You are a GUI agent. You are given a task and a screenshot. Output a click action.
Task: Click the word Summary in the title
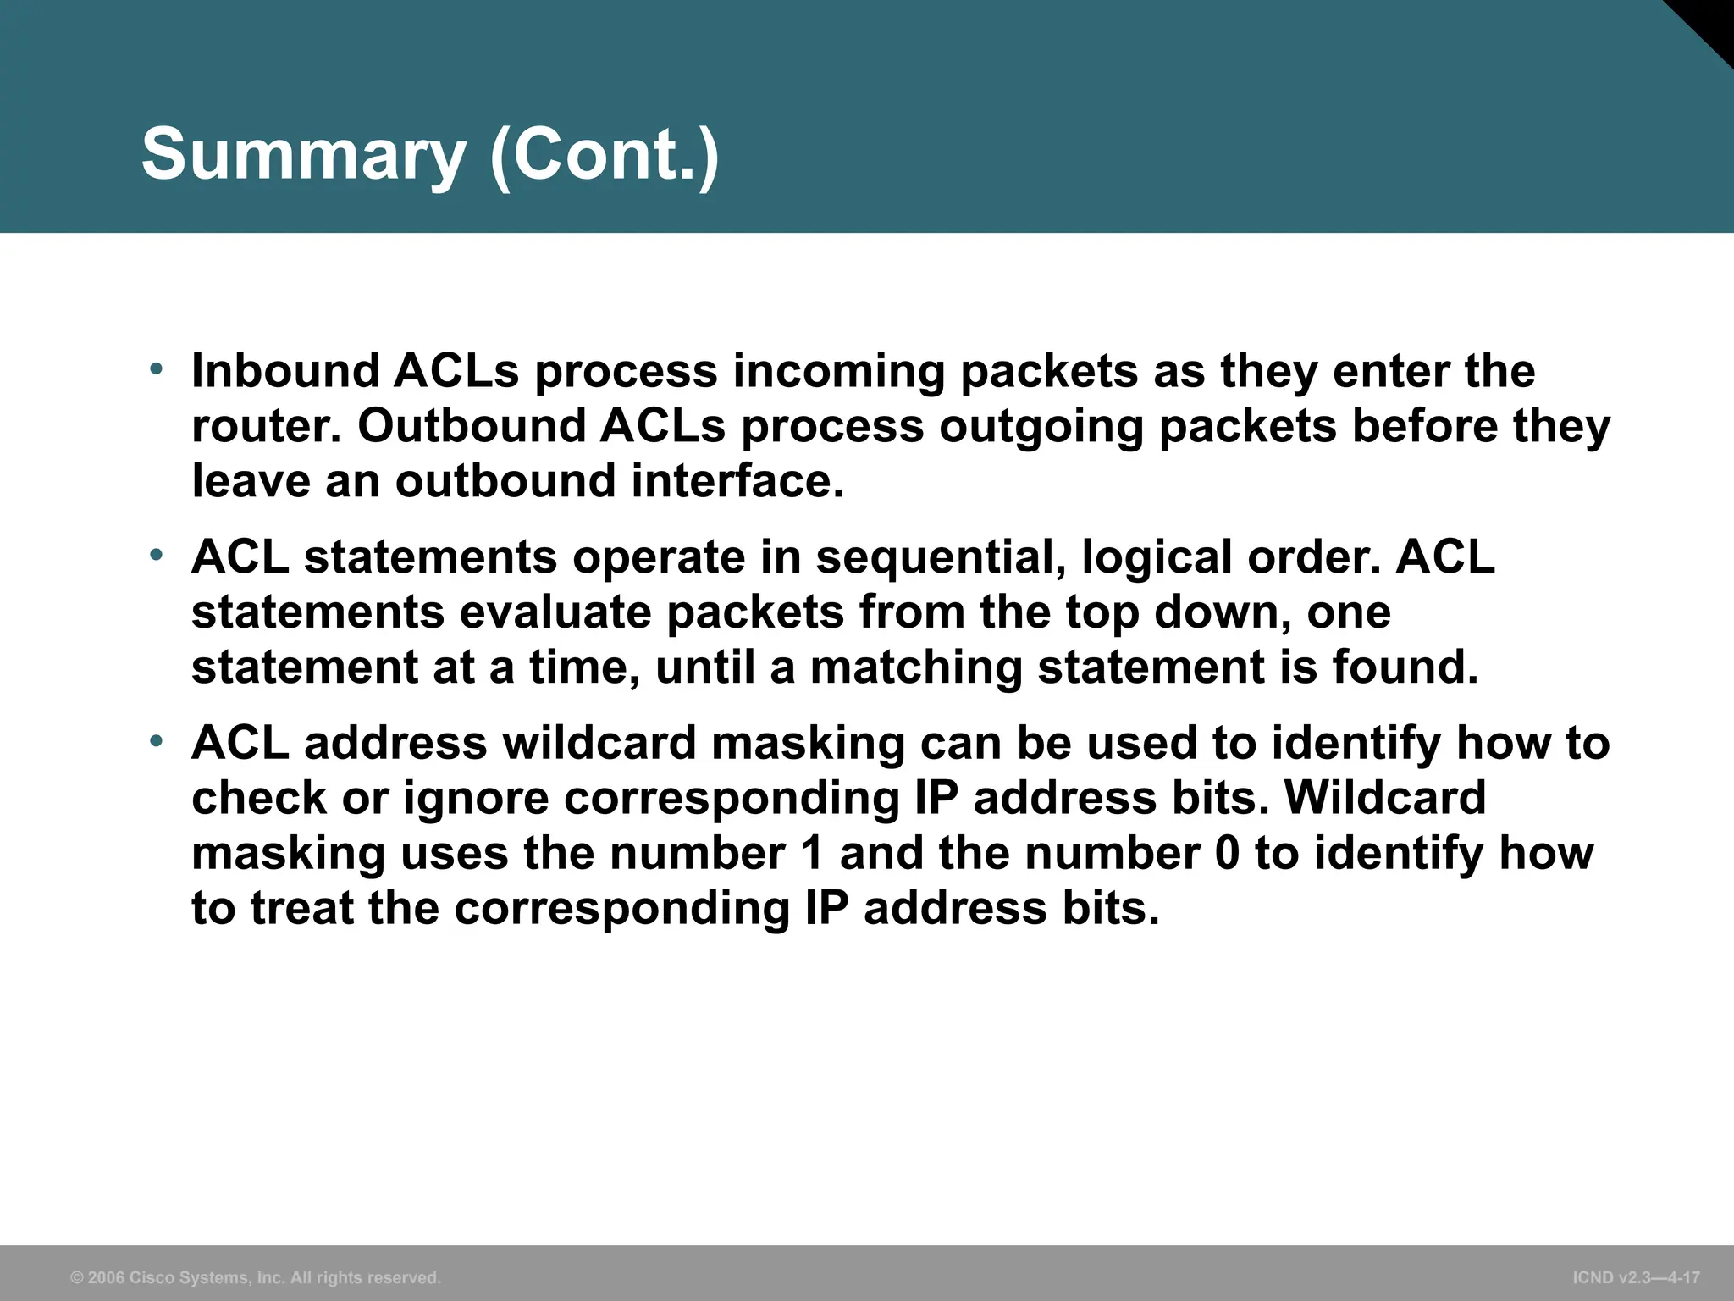[303, 155]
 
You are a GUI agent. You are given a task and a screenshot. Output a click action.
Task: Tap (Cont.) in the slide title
[605, 155]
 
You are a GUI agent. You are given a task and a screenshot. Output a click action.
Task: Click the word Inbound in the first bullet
[285, 371]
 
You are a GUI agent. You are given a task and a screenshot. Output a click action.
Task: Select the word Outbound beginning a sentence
[472, 426]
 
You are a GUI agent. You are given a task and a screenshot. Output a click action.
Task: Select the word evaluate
[555, 612]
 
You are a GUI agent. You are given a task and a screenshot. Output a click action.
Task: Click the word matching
[916, 667]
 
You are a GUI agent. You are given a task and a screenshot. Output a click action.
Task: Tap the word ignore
[476, 799]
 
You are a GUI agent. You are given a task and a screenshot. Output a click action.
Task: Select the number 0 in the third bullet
[1226, 853]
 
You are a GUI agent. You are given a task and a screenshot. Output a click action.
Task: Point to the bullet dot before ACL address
[155, 742]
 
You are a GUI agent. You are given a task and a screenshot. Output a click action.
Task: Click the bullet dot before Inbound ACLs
[155, 369]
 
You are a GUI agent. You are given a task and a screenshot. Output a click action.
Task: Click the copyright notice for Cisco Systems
[256, 1277]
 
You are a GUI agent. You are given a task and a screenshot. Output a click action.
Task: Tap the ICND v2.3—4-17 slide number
[1636, 1277]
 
